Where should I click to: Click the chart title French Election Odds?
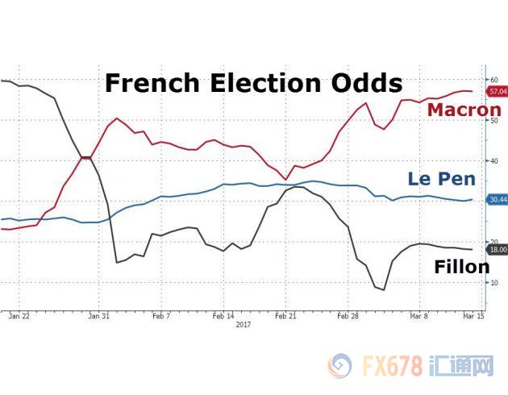click(x=253, y=83)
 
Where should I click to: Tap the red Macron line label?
click(x=464, y=110)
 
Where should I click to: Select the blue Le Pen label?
click(x=441, y=179)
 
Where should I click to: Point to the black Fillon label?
click(x=461, y=266)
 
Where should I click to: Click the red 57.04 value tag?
click(x=498, y=93)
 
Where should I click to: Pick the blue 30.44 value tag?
click(x=498, y=199)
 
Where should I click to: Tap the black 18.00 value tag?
click(x=498, y=250)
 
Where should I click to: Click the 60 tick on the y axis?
click(x=493, y=80)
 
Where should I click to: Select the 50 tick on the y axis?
click(x=493, y=120)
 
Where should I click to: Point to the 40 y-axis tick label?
click(x=493, y=160)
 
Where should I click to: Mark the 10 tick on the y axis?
click(x=493, y=282)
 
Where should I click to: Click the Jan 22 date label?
click(x=20, y=318)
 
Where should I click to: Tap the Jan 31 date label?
click(x=98, y=318)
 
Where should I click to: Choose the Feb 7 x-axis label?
click(x=161, y=318)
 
